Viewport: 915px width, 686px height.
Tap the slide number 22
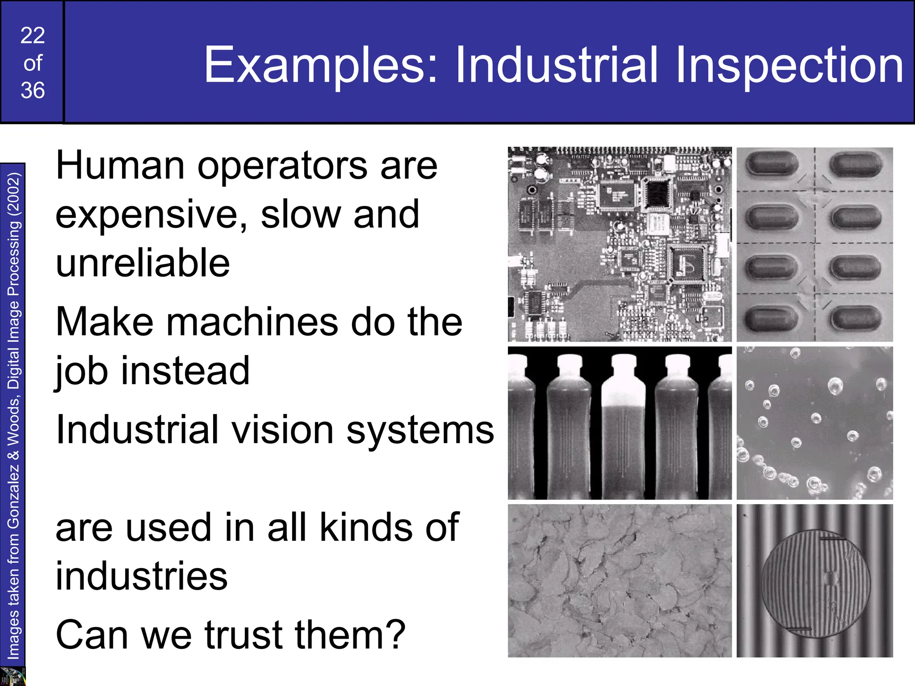click(x=33, y=36)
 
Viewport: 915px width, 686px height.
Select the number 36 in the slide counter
click(x=33, y=91)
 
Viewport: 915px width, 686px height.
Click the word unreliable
click(x=143, y=264)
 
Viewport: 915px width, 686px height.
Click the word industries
click(x=142, y=577)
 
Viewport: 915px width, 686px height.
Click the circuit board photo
click(x=620, y=244)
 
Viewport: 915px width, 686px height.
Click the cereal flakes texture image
click(x=620, y=581)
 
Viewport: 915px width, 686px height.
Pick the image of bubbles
click(x=814, y=423)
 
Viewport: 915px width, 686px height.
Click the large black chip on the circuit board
click(x=656, y=193)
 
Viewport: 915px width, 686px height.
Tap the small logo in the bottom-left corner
click(x=13, y=676)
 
